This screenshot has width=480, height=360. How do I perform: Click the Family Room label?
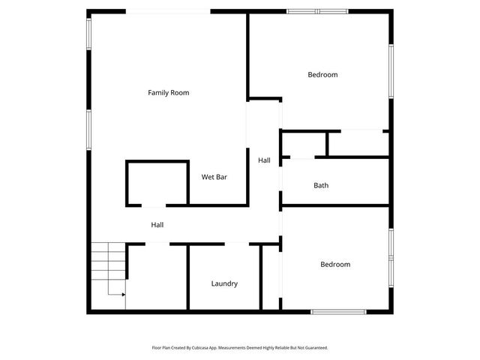(x=168, y=93)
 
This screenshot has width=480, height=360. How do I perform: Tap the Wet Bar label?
(x=214, y=178)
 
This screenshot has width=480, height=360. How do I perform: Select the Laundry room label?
(x=224, y=283)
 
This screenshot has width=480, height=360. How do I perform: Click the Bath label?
(x=321, y=185)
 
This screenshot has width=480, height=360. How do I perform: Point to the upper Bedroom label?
(x=322, y=75)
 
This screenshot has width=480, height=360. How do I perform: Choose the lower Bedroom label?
(x=335, y=265)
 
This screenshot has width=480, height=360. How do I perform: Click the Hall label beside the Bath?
(x=264, y=160)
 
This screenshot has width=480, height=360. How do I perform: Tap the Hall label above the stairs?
(x=157, y=225)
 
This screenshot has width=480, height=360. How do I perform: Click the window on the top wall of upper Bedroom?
(x=317, y=11)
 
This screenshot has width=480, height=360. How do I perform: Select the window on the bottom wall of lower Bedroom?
(x=338, y=311)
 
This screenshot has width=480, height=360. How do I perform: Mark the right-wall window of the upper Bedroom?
(x=390, y=70)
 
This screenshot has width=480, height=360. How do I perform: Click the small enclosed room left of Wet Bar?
(x=157, y=183)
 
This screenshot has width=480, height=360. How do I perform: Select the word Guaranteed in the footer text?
(x=312, y=348)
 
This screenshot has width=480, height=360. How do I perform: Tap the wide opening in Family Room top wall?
(x=168, y=11)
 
